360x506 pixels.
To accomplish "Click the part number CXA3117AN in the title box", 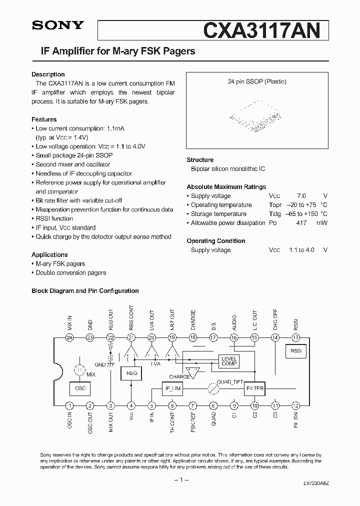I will tap(261, 30).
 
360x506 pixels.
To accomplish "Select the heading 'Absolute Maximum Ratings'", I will tap(226, 187).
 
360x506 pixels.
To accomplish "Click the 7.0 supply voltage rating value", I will tap(301, 196).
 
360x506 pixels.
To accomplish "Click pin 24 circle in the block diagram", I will tap(69, 337).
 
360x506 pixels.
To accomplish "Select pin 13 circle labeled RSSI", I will tap(296, 337).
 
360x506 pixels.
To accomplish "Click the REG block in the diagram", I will tap(131, 373).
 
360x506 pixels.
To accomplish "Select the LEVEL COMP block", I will tap(229, 361).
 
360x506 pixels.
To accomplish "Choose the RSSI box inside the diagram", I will tap(296, 351).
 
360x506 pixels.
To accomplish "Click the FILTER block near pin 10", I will tap(255, 388).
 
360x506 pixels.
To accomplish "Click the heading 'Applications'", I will tap(49, 254).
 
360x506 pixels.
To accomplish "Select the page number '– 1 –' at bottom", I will tap(180, 480).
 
